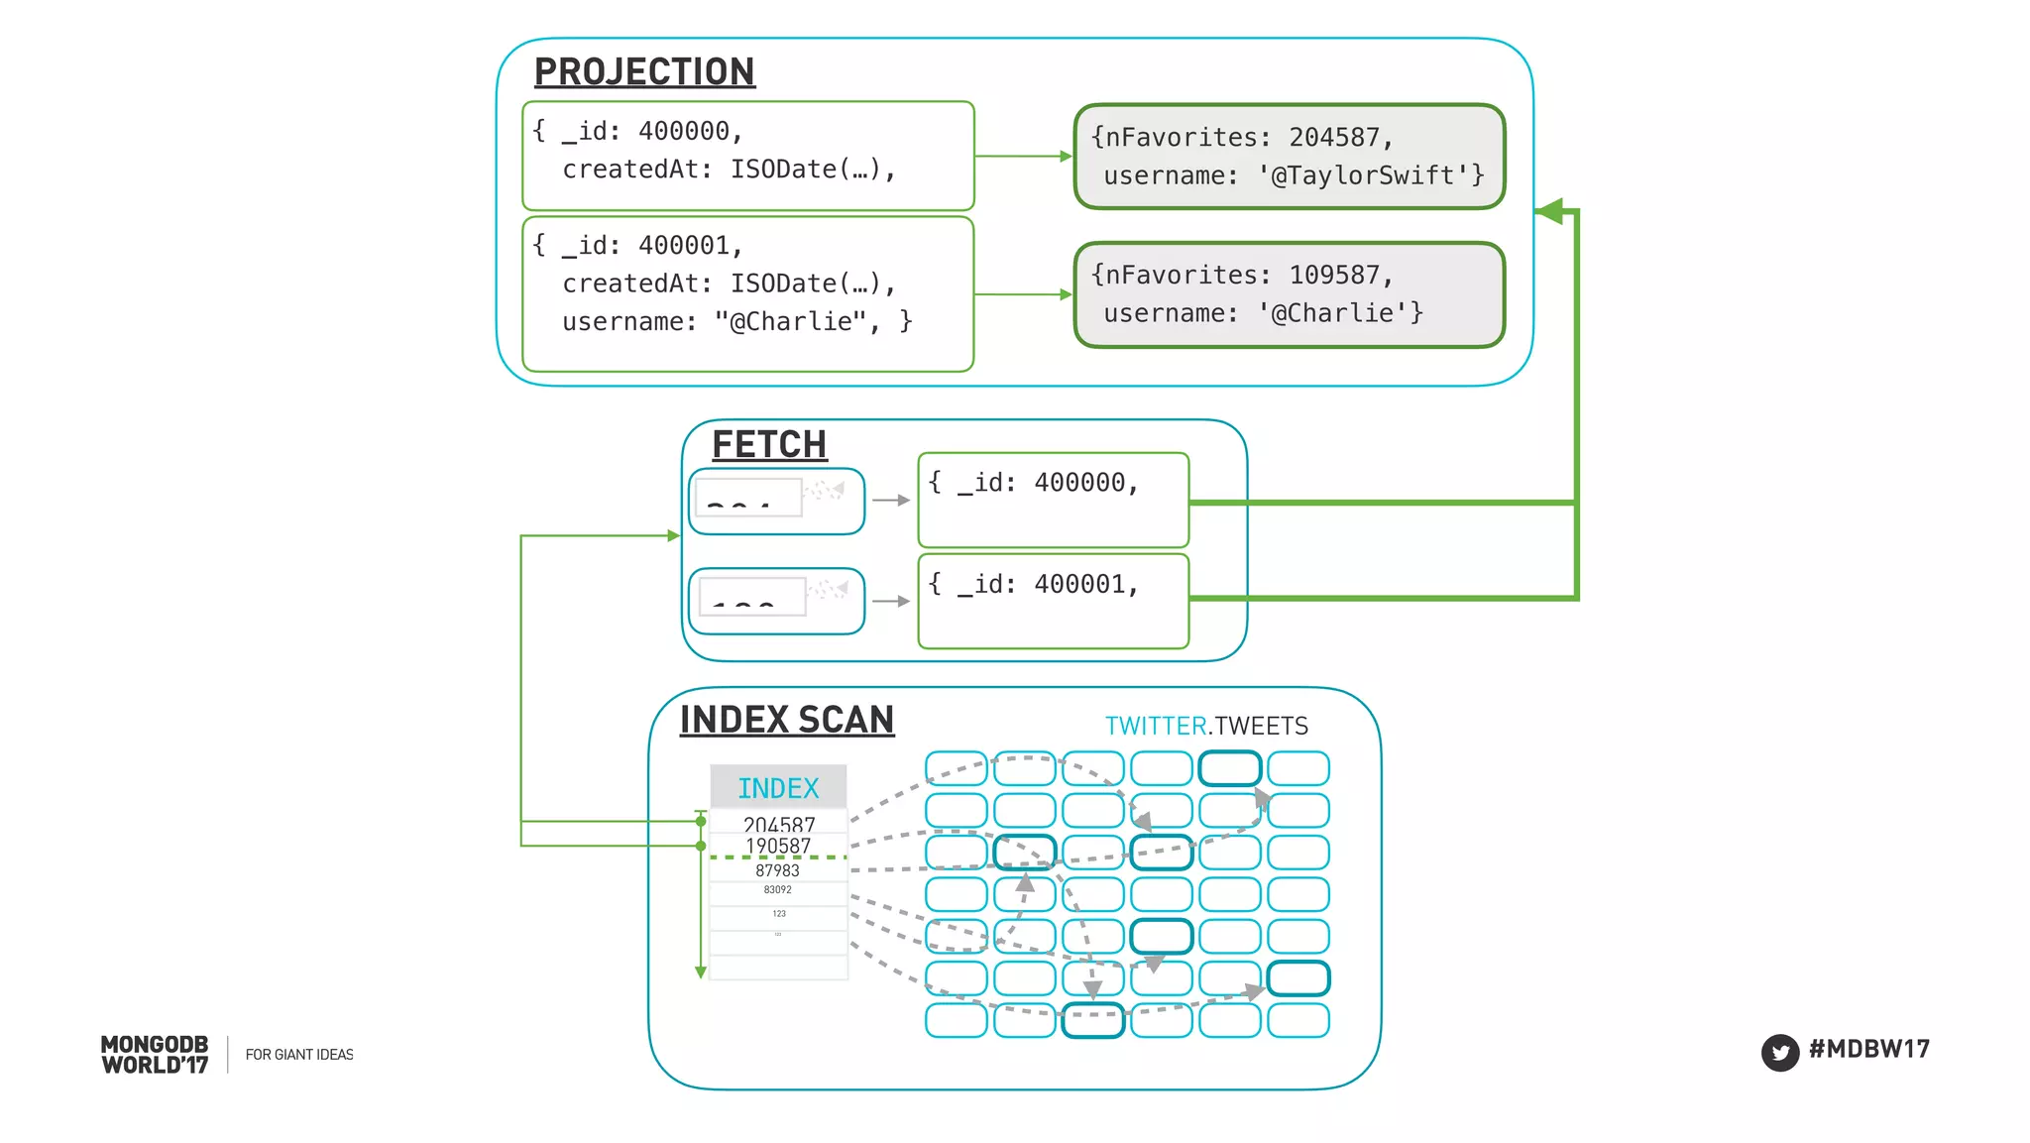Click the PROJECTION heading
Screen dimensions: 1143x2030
click(x=644, y=72)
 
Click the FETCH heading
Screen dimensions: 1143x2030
click(x=769, y=445)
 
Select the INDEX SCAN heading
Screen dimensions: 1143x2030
click(x=787, y=720)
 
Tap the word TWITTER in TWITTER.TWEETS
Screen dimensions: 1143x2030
click(x=1156, y=727)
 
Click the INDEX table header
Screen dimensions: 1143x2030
click(x=778, y=788)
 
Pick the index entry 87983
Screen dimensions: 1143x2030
click(x=777, y=870)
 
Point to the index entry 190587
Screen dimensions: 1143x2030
click(x=778, y=846)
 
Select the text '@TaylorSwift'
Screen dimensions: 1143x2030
click(x=1364, y=176)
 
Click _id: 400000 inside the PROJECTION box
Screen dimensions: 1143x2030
click(x=645, y=131)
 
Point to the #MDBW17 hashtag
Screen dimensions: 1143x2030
click(x=1868, y=1050)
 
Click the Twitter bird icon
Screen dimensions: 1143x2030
click(x=1780, y=1053)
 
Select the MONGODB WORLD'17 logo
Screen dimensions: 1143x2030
click(x=155, y=1055)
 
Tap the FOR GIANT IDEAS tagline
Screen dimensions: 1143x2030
click(x=299, y=1055)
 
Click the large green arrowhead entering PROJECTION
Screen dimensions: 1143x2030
click(x=1548, y=210)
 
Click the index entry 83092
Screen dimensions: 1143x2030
click(x=777, y=890)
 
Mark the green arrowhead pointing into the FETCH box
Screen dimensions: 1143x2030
click(x=674, y=536)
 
